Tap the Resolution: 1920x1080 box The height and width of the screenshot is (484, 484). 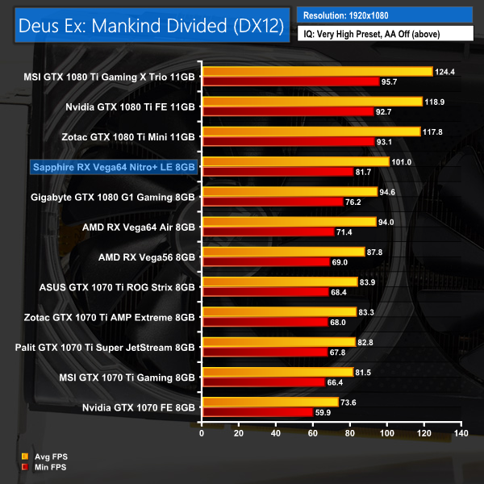tap(385, 15)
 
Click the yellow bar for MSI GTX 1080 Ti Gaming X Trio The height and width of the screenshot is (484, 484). tap(318, 72)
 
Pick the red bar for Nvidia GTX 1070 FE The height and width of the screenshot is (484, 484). tap(257, 411)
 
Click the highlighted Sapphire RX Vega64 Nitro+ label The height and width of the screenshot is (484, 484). tap(113, 168)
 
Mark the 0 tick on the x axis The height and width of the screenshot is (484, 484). tap(202, 434)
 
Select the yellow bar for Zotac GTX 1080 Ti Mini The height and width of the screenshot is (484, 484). tap(311, 131)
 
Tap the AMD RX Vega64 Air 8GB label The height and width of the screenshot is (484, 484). tap(139, 227)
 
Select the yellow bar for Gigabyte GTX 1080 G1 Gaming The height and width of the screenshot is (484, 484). tap(290, 192)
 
